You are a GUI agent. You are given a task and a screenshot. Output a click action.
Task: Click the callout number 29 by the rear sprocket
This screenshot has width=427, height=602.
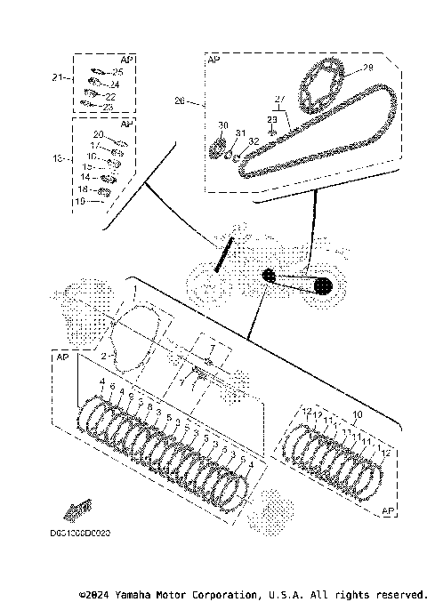[368, 68]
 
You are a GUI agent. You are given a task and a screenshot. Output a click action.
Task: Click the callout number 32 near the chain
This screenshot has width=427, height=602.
[254, 140]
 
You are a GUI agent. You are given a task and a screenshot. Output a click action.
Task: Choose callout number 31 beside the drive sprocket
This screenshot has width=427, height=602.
[239, 133]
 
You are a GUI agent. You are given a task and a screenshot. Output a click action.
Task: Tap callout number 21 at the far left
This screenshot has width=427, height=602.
[58, 78]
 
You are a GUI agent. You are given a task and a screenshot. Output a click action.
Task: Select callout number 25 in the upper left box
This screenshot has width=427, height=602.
[117, 71]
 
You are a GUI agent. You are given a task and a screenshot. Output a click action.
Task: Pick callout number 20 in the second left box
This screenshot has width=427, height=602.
[99, 133]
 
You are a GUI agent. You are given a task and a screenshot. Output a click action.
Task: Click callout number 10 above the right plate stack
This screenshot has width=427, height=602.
[358, 415]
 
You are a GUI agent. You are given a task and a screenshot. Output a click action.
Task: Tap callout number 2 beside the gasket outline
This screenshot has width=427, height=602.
[104, 356]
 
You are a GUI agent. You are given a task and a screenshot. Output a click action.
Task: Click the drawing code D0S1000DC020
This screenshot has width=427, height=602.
[81, 534]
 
